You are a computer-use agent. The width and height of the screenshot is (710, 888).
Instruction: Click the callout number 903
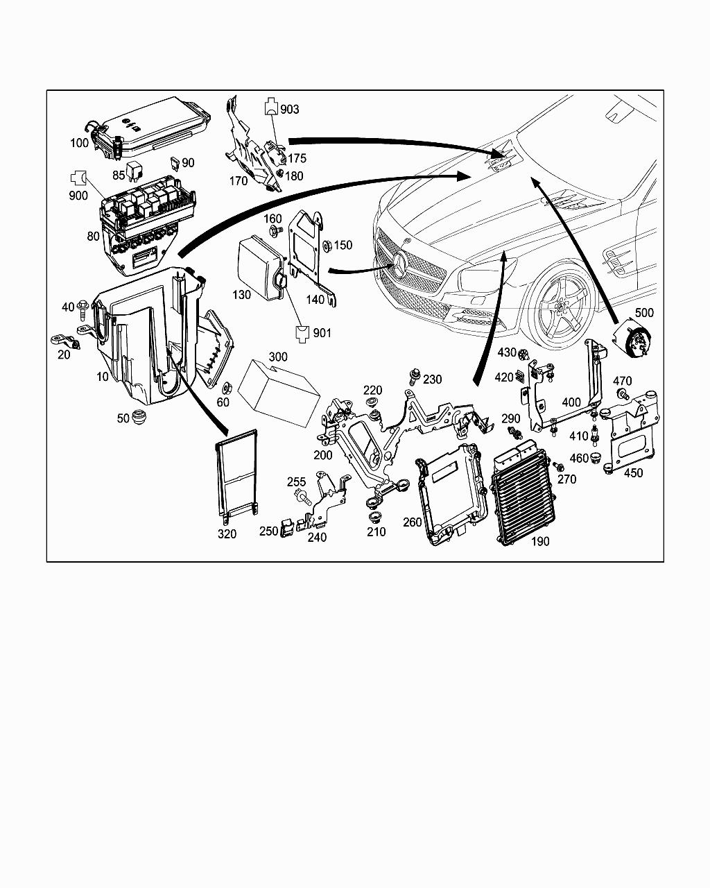click(x=290, y=109)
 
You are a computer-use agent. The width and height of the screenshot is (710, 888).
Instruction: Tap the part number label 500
click(x=644, y=313)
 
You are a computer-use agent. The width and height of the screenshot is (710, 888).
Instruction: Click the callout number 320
click(x=227, y=533)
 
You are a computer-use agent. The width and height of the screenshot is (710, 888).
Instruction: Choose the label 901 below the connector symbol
click(x=322, y=333)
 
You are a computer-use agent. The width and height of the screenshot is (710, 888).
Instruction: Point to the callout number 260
click(x=413, y=522)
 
